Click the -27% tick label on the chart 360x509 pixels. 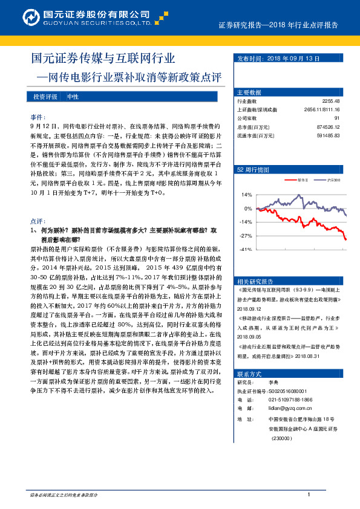pos(246,236)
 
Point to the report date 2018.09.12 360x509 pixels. pos(249,307)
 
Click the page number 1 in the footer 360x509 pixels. pos(309,495)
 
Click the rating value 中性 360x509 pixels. pos(72,97)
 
